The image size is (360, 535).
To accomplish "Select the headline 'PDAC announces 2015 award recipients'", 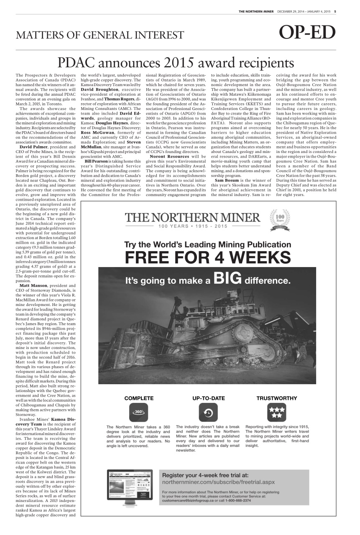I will tap(175, 63).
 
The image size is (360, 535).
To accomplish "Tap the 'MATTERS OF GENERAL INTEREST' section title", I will tap(100, 35).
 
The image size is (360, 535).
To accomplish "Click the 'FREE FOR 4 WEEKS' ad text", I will tap(207, 256).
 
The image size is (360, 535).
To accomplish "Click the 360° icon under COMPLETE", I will tap(139, 412).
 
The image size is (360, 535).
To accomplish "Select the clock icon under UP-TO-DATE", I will tap(208, 413).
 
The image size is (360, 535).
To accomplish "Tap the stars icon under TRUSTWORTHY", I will tap(276, 412).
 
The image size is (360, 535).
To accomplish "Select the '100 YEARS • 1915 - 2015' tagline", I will tap(192, 226).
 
